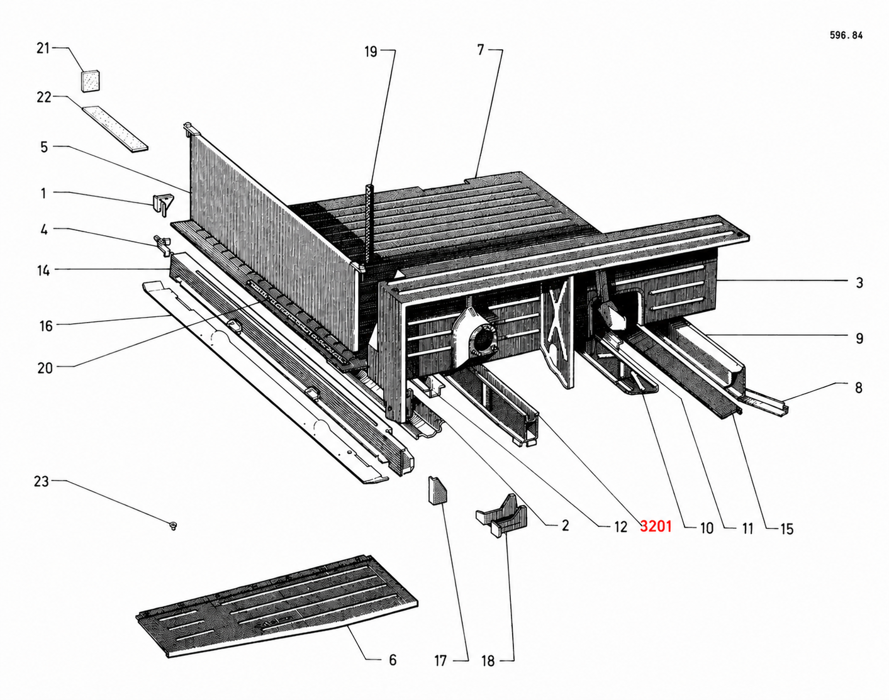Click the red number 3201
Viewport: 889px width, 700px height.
click(x=656, y=526)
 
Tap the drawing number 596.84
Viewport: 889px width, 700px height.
click(x=846, y=36)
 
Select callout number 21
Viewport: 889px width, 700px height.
click(x=43, y=48)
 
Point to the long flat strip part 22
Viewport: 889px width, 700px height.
click(x=115, y=128)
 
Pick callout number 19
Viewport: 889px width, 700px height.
click(x=371, y=52)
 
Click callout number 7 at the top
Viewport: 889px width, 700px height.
click(x=481, y=50)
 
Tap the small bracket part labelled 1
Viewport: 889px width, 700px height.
click(x=162, y=203)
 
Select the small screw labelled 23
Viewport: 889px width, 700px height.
click(x=172, y=525)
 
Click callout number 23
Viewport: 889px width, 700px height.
click(x=41, y=482)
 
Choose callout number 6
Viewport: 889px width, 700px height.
click(x=393, y=660)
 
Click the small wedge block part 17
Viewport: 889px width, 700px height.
click(x=437, y=491)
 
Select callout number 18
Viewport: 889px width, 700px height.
click(x=488, y=660)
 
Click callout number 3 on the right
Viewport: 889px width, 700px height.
click(x=859, y=283)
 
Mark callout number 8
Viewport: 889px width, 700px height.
click(x=859, y=387)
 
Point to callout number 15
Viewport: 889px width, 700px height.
click(x=786, y=529)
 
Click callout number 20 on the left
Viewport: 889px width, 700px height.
click(x=45, y=368)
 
